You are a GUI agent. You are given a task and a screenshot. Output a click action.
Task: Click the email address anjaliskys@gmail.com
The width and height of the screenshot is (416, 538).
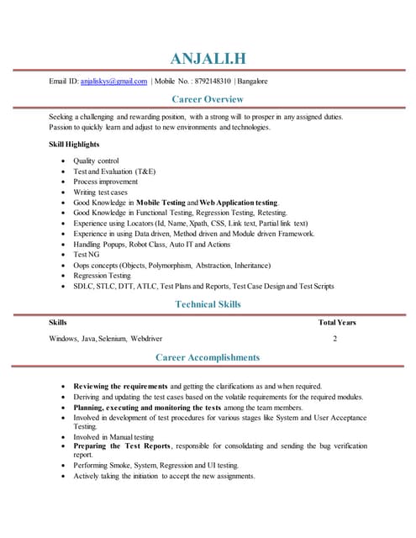[x=113, y=82]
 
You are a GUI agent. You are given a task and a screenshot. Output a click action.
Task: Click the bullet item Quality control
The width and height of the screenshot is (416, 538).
[x=96, y=161]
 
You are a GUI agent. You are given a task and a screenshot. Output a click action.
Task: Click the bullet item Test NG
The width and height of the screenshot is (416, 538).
[x=87, y=255]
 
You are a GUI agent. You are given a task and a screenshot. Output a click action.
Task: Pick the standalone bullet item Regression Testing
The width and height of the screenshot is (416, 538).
[x=102, y=276]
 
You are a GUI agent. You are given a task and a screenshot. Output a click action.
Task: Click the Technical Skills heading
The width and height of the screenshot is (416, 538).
[x=208, y=303]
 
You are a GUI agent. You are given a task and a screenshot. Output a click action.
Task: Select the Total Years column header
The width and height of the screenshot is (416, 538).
[x=337, y=323]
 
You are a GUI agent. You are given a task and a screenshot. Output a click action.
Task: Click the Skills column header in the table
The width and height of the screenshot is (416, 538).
[x=58, y=323]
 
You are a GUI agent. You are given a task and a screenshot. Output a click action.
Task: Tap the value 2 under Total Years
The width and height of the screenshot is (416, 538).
[x=334, y=339]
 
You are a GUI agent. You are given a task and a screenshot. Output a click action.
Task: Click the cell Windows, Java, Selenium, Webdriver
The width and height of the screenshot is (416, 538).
[x=105, y=339]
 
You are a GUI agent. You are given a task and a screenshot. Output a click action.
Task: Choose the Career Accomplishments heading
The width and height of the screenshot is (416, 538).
[x=208, y=357]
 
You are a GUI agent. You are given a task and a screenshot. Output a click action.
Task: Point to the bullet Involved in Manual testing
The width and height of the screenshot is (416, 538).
[x=113, y=437]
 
